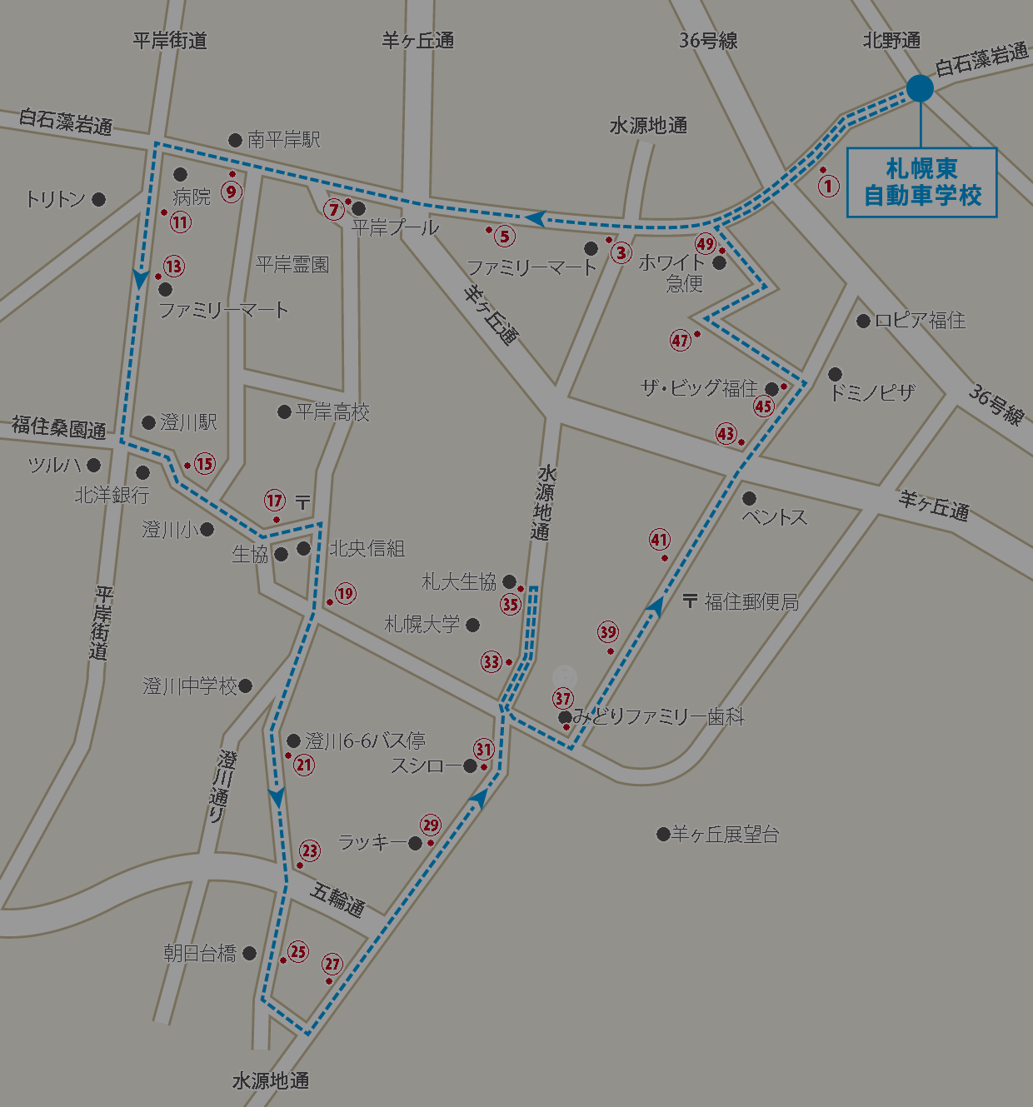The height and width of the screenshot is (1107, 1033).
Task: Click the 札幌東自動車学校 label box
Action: pyautogui.click(x=921, y=182)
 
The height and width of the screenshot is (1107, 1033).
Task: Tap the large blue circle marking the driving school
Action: pyautogui.click(x=920, y=88)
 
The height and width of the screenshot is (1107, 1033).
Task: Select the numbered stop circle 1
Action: pyautogui.click(x=828, y=185)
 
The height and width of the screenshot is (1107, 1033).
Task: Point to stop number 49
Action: pyautogui.click(x=706, y=244)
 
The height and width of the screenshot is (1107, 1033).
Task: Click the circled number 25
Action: pyautogui.click(x=298, y=951)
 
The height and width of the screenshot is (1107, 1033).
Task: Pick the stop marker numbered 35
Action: pyautogui.click(x=511, y=605)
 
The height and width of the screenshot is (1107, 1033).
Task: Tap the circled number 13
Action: pyautogui.click(x=173, y=267)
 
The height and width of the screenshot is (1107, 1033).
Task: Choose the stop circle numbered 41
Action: pyautogui.click(x=660, y=540)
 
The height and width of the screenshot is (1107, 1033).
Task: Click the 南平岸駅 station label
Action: pyautogui.click(x=283, y=140)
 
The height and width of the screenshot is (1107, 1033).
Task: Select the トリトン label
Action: pyautogui.click(x=55, y=199)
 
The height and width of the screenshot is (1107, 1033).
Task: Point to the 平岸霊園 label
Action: pyautogui.click(x=292, y=265)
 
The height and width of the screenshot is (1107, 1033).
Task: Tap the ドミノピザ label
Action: pyautogui.click(x=872, y=392)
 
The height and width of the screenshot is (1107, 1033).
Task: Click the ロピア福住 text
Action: pyautogui.click(x=920, y=321)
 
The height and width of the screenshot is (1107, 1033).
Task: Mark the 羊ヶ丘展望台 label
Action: pyautogui.click(x=725, y=834)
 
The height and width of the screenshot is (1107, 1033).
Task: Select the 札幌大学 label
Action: pyautogui.click(x=422, y=624)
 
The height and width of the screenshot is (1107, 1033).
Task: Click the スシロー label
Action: pyautogui.click(x=426, y=765)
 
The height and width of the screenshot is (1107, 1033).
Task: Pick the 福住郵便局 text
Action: pyautogui.click(x=751, y=601)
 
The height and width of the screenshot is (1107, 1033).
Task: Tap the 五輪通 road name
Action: pyautogui.click(x=337, y=900)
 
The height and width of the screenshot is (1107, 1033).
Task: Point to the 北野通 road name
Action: pyautogui.click(x=891, y=40)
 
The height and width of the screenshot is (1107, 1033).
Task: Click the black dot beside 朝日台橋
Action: pyautogui.click(x=249, y=953)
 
